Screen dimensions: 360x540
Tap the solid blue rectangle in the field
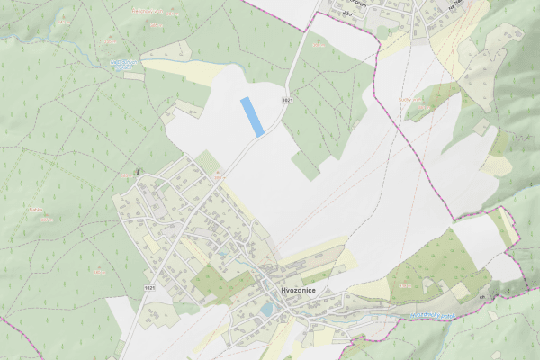pos(252,117)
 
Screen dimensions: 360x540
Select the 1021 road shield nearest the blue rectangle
pos(286,100)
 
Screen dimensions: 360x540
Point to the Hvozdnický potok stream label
pos(430,314)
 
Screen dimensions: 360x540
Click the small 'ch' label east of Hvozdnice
pos(482,296)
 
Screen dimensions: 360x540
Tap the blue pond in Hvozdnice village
pos(266,309)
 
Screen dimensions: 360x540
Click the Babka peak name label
pos(37,209)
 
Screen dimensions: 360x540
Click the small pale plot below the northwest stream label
pos(133,76)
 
